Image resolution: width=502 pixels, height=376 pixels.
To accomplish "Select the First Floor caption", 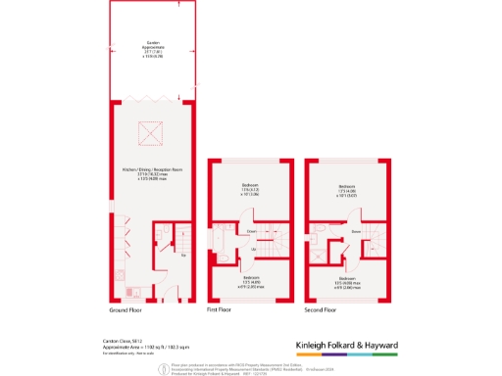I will coord(220,310).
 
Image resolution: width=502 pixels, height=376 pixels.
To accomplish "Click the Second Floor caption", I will coord(321,310).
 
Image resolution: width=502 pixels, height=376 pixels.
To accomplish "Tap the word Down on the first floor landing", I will coord(252,231).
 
